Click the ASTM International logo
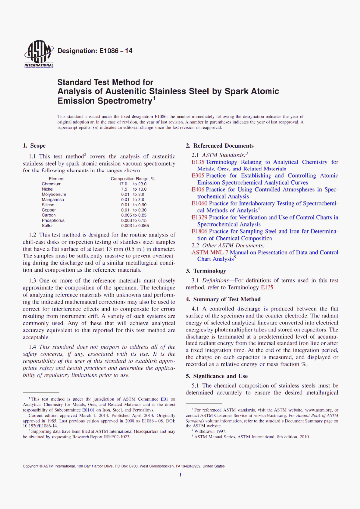coord(39,53)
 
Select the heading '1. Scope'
coord(34,146)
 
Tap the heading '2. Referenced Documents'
coord(219,146)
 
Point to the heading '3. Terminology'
coord(206,271)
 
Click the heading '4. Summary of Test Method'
coord(223,299)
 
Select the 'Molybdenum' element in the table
coord(54,194)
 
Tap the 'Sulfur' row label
coord(48,226)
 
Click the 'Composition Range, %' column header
coord(132,178)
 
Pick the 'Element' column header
coord(57,178)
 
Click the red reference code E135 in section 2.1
coord(198,162)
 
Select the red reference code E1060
coord(200,204)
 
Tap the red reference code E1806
coord(200,231)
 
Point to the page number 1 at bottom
coord(180,475)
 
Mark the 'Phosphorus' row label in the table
coord(53,220)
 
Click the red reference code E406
coord(198,190)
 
